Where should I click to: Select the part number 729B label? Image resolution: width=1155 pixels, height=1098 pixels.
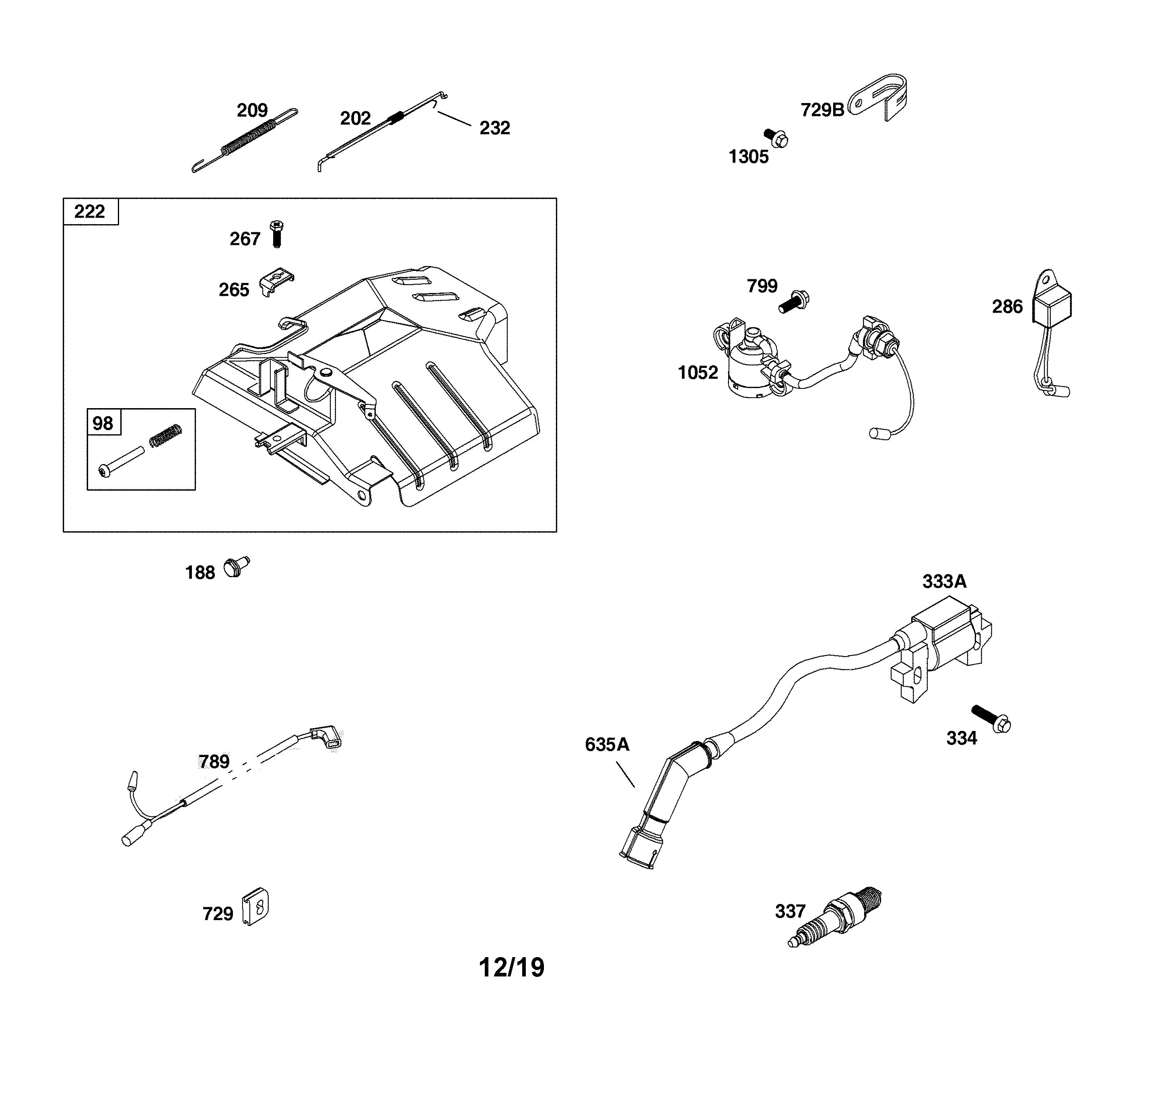tap(822, 110)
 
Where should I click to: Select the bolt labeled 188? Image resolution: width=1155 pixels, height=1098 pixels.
tap(235, 568)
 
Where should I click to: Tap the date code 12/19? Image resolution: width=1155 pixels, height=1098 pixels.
tap(511, 968)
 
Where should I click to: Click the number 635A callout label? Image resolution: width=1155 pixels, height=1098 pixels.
tap(607, 745)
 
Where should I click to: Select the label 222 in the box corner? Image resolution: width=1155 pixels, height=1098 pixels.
tap(90, 211)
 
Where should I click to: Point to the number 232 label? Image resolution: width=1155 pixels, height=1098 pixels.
tap(494, 128)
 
